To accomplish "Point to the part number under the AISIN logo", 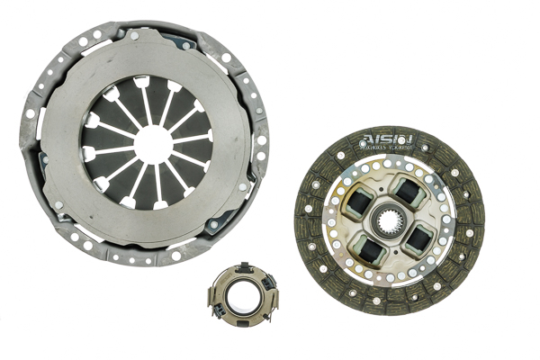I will (388, 147).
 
